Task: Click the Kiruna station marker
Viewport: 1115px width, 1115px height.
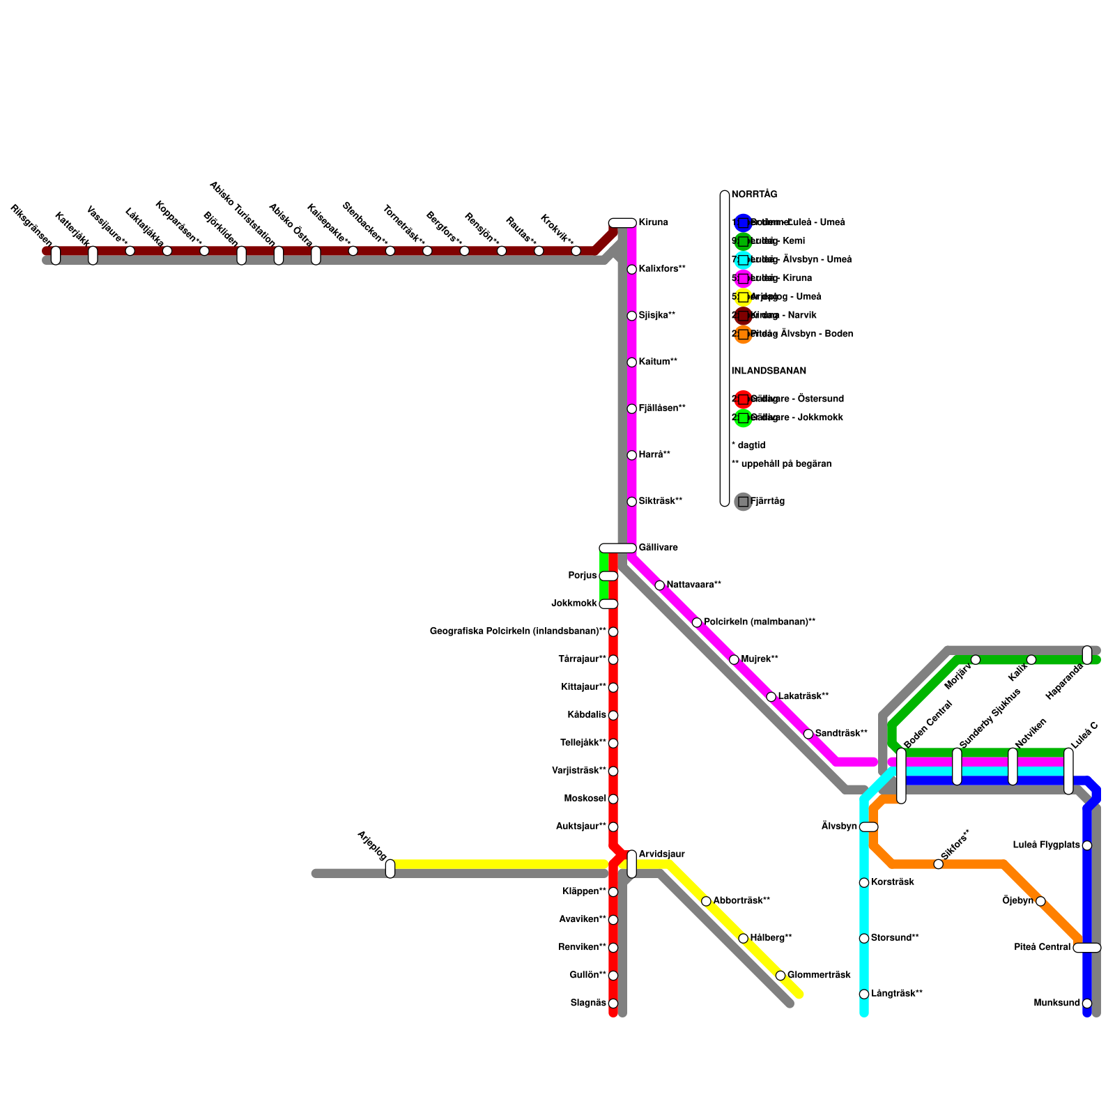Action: tap(622, 223)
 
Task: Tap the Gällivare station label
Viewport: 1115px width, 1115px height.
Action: tap(658, 548)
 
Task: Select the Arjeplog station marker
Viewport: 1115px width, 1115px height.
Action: tap(390, 868)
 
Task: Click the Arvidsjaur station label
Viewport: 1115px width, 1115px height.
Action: tap(661, 854)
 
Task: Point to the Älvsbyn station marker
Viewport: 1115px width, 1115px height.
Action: tap(868, 826)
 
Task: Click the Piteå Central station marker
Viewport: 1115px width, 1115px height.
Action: tap(1086, 947)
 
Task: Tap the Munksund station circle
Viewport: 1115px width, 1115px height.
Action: tap(1087, 1003)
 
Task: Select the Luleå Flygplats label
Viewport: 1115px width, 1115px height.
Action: tap(1046, 845)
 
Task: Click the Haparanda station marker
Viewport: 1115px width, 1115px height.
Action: tap(1087, 654)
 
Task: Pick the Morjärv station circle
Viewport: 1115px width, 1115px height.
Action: tap(976, 660)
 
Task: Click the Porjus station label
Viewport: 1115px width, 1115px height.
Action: tap(583, 576)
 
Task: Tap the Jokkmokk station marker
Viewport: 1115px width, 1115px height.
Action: tap(608, 603)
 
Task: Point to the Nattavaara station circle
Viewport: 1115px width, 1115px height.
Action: tap(660, 585)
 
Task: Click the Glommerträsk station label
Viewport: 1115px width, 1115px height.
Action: tap(819, 975)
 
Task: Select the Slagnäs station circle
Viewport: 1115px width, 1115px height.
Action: tap(613, 1003)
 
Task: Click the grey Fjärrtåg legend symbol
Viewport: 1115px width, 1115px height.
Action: tap(744, 502)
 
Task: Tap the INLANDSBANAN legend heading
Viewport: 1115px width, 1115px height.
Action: tap(769, 371)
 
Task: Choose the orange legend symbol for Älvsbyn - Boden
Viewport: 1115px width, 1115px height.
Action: tap(744, 334)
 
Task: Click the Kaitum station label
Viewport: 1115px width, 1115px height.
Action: tap(658, 362)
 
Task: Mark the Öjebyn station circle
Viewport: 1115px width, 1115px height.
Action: tap(1040, 901)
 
